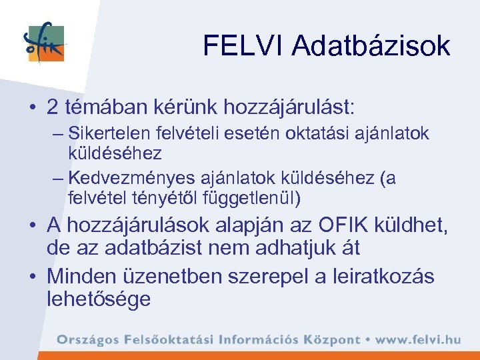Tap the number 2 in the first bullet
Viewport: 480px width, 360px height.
53,106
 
